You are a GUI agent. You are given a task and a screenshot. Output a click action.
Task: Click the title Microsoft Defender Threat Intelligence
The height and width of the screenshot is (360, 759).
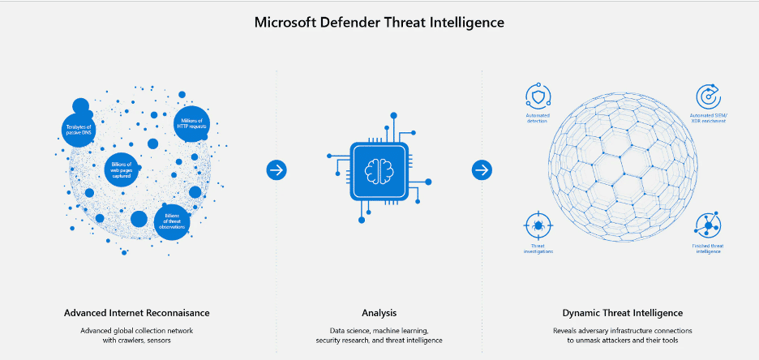(379, 22)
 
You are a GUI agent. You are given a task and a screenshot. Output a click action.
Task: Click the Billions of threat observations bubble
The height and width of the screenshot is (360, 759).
(172, 221)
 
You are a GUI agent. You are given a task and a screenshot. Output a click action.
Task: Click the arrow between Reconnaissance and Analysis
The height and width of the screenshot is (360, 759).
(277, 169)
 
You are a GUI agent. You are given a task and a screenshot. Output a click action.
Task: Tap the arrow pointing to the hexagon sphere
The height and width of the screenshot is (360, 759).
(482, 169)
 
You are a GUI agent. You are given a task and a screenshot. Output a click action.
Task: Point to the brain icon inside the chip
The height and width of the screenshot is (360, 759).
(379, 169)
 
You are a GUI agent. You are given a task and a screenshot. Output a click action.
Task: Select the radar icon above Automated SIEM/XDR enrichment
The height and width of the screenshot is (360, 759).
(710, 97)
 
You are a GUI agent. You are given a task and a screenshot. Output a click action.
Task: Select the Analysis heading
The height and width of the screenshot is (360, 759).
(379, 313)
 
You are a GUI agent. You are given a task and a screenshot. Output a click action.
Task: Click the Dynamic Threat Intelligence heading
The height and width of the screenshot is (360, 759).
(622, 313)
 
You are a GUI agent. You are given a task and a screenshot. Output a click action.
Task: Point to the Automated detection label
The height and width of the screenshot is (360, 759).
(537, 118)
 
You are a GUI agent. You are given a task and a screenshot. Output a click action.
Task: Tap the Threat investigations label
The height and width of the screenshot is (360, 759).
(537, 248)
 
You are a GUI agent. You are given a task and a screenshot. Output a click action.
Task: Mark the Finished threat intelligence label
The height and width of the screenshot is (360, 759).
(707, 248)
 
